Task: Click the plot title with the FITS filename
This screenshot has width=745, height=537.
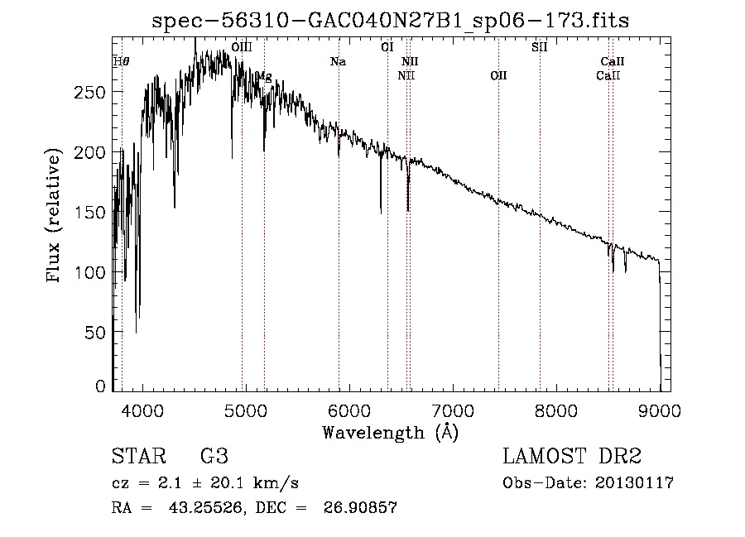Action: point(390,22)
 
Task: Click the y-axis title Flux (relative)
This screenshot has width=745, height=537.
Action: point(55,217)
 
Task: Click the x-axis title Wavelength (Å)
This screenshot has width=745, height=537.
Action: point(390,432)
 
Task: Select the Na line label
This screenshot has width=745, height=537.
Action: point(338,61)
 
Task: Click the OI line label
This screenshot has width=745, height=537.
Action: point(387,47)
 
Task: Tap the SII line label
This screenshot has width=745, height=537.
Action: point(539,47)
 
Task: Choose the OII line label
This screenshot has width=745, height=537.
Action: point(498,76)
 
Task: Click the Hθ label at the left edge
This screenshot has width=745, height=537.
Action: point(121,61)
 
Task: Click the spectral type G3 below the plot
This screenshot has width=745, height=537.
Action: point(214,457)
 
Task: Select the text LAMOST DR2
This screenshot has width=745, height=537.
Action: point(572,457)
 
